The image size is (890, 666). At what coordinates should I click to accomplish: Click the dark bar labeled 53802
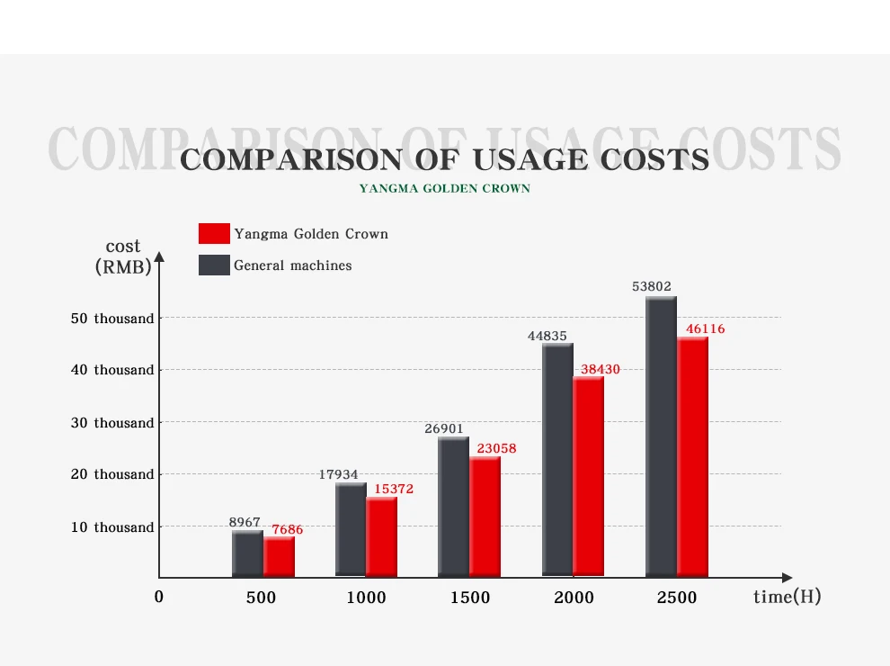[x=661, y=436]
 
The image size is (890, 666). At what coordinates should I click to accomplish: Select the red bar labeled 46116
[x=692, y=457]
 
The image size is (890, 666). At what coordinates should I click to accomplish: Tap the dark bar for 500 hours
[x=247, y=553]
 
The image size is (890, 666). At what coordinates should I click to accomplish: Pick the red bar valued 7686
[x=279, y=557]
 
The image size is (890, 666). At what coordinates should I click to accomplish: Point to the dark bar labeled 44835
[x=557, y=459]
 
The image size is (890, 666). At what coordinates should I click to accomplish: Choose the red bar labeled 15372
[x=381, y=536]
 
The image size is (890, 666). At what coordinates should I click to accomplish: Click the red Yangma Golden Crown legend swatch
[x=214, y=234]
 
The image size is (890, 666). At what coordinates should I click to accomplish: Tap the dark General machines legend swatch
[x=214, y=265]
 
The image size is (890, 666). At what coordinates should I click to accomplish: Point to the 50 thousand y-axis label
[x=112, y=319]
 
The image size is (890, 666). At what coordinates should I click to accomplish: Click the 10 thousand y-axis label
[x=112, y=527]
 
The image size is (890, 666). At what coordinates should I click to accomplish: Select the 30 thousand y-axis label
[x=112, y=423]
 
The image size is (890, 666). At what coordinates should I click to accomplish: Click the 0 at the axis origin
[x=159, y=597]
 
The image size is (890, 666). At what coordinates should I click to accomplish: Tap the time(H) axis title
[x=787, y=597]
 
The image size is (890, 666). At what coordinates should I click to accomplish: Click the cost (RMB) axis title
[x=123, y=256]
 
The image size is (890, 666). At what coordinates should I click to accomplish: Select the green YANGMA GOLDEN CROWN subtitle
[x=444, y=189]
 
